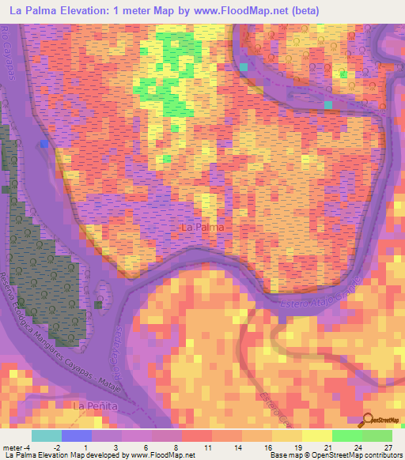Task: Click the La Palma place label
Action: click(202, 227)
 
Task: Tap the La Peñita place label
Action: click(88, 405)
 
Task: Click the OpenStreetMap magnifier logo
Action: click(369, 420)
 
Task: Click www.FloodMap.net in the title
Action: click(223, 10)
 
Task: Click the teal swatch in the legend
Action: click(46, 435)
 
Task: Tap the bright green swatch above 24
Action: click(347, 435)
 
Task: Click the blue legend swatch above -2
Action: click(76, 435)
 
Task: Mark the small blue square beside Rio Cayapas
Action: click(45, 144)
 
